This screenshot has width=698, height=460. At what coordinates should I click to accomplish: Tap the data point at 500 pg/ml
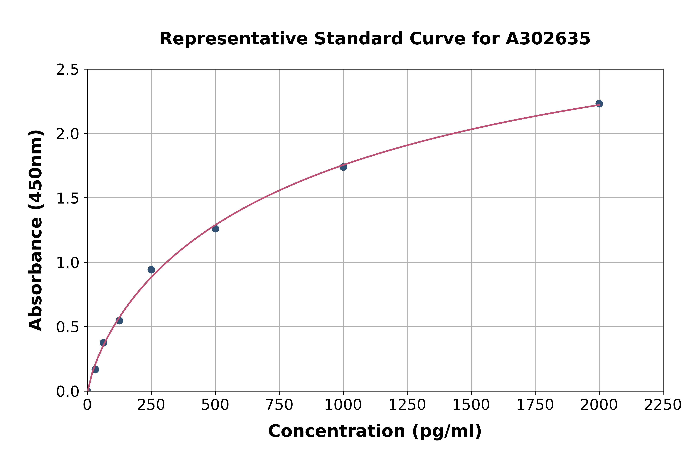point(215,229)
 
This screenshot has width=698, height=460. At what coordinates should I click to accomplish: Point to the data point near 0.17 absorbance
point(95,369)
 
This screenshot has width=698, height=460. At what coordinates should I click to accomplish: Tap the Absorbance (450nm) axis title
point(36,230)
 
